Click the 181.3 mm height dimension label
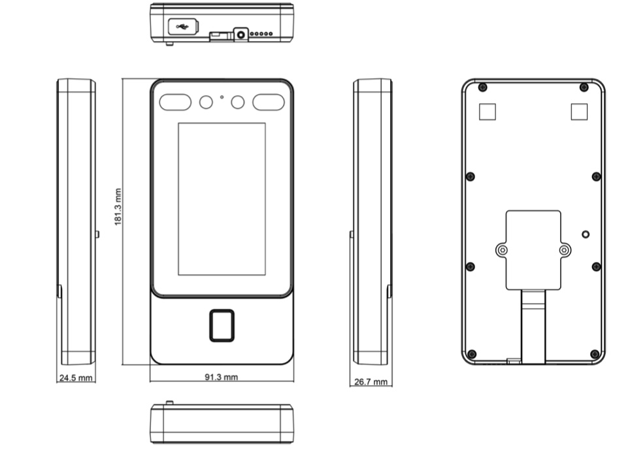(x=118, y=207)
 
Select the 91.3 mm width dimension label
(x=221, y=377)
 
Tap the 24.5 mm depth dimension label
(x=76, y=377)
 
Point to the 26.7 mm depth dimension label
(x=371, y=382)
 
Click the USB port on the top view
(x=182, y=27)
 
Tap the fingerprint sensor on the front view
(x=222, y=325)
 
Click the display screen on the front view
(x=222, y=199)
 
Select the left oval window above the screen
(x=175, y=102)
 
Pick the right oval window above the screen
(x=269, y=102)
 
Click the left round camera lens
(x=206, y=102)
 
